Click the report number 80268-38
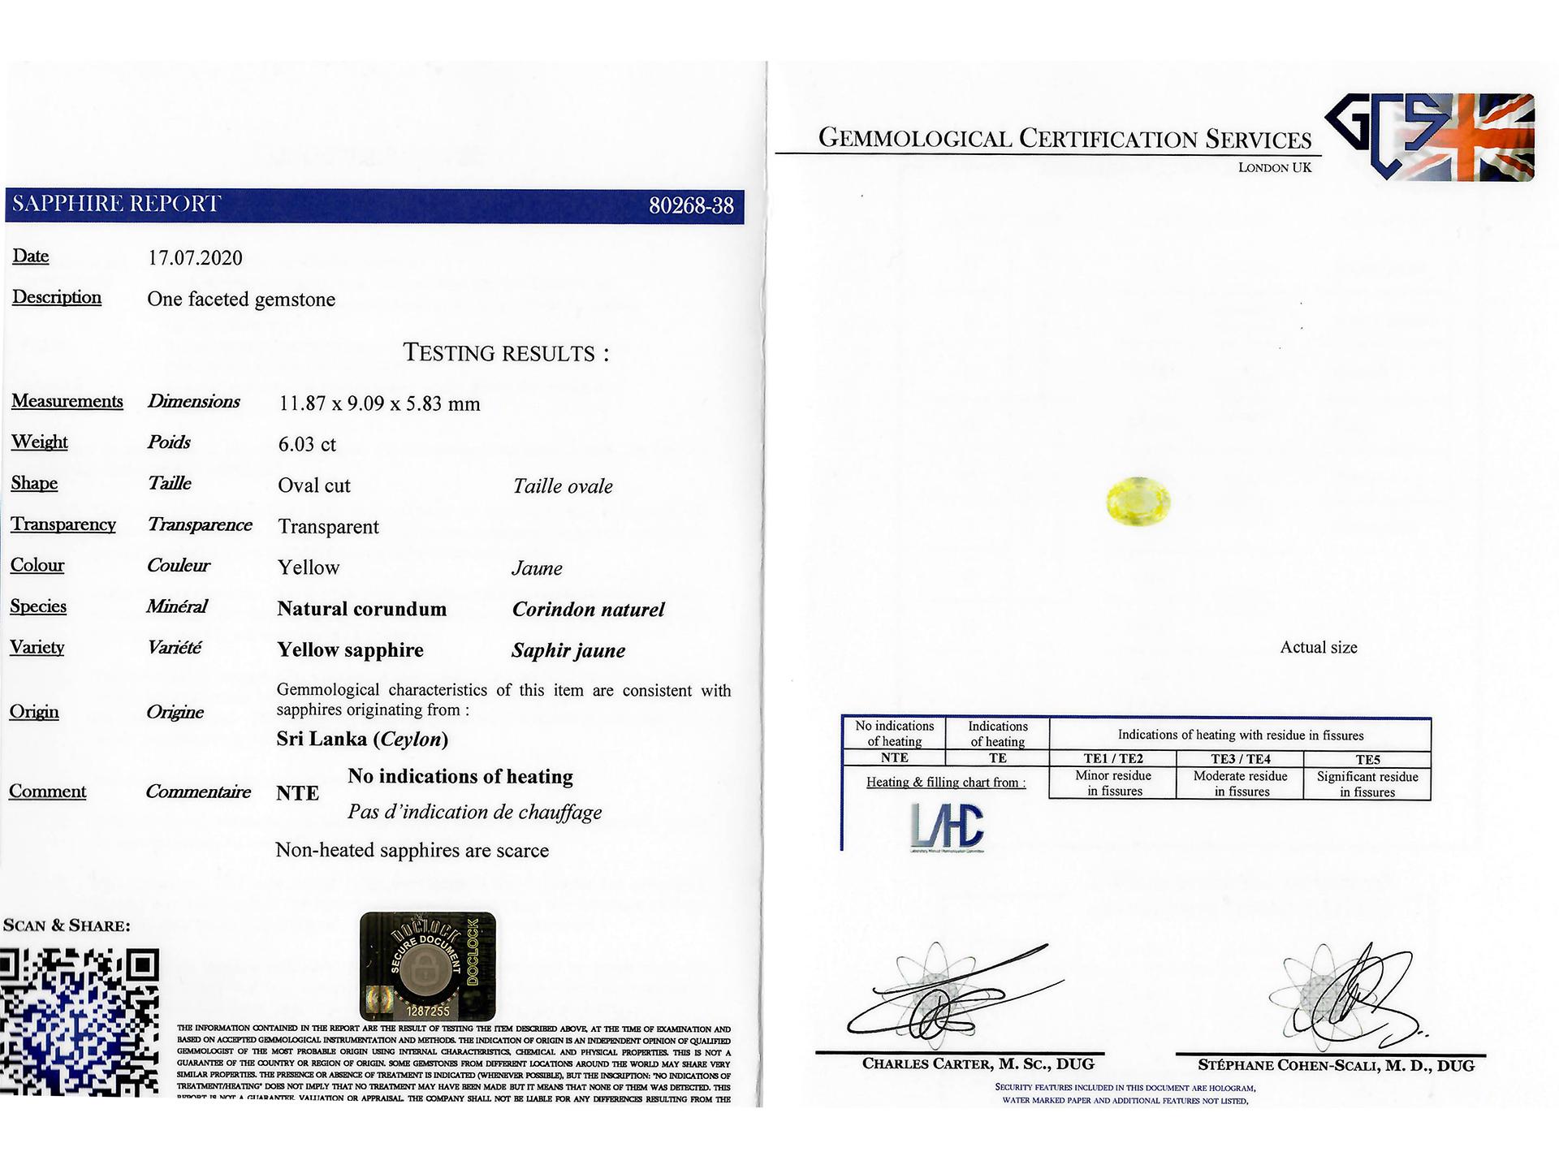tap(690, 206)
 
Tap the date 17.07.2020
tap(195, 258)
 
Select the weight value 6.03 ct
tap(307, 444)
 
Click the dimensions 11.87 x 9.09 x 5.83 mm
tap(379, 403)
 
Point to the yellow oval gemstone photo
tap(1138, 499)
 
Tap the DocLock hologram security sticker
tap(427, 966)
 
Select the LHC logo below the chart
tap(947, 827)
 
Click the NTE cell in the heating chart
tap(894, 757)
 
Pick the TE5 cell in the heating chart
tap(1367, 760)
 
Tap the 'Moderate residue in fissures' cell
tap(1240, 783)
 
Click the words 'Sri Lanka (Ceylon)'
tap(362, 739)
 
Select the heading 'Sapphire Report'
tap(116, 204)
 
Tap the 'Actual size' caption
tap(1318, 647)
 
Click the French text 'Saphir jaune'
tap(568, 650)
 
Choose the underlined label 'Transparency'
tap(63, 524)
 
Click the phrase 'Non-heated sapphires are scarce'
tap(412, 850)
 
